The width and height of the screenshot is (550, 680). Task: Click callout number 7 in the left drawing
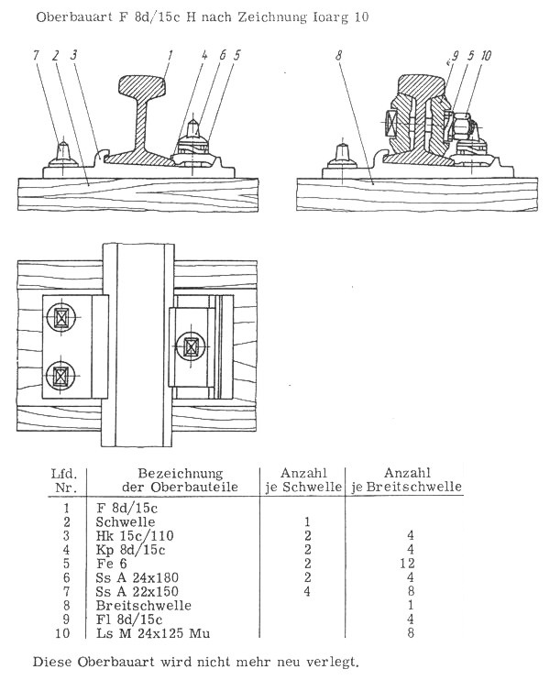tap(37, 56)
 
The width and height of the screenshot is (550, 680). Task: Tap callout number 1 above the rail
tap(170, 56)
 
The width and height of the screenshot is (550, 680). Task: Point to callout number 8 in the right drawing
tap(339, 56)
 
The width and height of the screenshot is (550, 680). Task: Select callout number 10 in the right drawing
tap(486, 56)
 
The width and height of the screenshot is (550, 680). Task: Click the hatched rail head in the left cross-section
tap(142, 86)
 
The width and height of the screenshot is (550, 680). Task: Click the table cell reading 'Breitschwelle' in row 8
tap(144, 606)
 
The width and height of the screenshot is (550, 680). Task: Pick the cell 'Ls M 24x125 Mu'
tap(153, 633)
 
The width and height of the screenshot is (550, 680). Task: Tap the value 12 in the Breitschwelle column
tap(408, 564)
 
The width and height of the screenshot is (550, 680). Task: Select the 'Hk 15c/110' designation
tap(135, 535)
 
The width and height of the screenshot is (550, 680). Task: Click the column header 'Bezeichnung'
tap(181, 473)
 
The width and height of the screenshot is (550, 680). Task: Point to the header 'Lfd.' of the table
tap(64, 473)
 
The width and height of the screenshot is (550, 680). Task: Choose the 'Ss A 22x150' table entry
tap(137, 591)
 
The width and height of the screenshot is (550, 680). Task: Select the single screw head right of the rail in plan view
tap(191, 346)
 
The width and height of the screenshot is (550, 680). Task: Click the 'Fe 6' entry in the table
tap(112, 564)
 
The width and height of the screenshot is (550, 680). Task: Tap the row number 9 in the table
tap(66, 620)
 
